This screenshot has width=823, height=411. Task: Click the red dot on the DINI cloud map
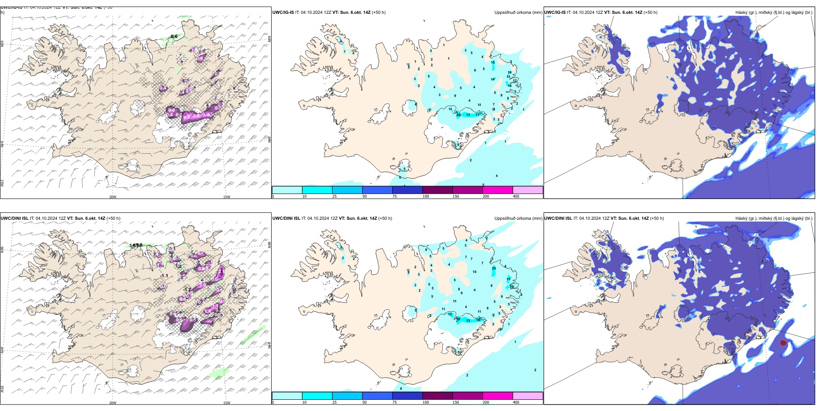coord(783,343)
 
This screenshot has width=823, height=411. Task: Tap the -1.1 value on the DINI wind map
coord(164,276)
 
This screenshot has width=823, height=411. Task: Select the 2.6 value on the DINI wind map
coord(221,271)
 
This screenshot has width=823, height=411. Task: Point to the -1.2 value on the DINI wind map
coord(187,289)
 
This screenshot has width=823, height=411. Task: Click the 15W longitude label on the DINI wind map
coord(227,403)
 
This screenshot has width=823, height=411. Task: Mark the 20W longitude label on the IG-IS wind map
coord(113,197)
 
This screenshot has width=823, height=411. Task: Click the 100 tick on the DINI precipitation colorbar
coord(426,402)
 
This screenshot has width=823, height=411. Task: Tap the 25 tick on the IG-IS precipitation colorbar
coord(334,196)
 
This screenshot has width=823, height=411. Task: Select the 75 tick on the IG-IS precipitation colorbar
coord(395,196)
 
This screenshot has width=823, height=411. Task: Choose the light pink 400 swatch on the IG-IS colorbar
coord(528,190)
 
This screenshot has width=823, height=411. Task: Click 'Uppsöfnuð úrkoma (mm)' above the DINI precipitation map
coord(518,218)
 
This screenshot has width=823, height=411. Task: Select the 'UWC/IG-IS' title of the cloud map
coord(555,12)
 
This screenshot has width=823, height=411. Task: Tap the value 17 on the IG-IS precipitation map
coord(478,115)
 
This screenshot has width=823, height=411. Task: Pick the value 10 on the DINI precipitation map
coord(475,272)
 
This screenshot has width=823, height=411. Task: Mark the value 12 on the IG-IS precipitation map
coord(515,81)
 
